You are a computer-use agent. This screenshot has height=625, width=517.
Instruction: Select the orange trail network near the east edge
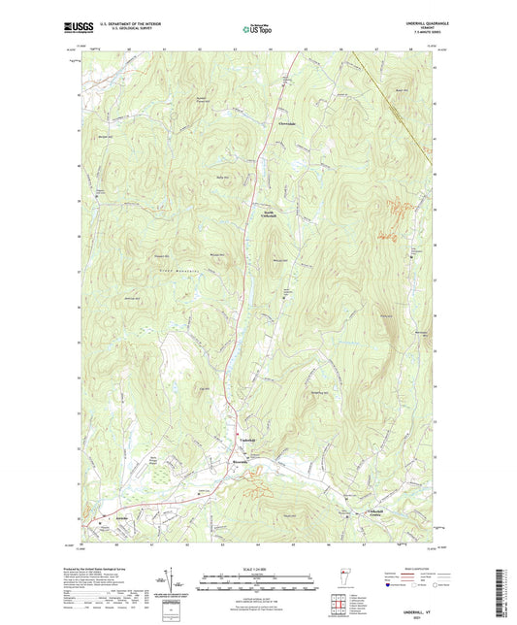[393, 218]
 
